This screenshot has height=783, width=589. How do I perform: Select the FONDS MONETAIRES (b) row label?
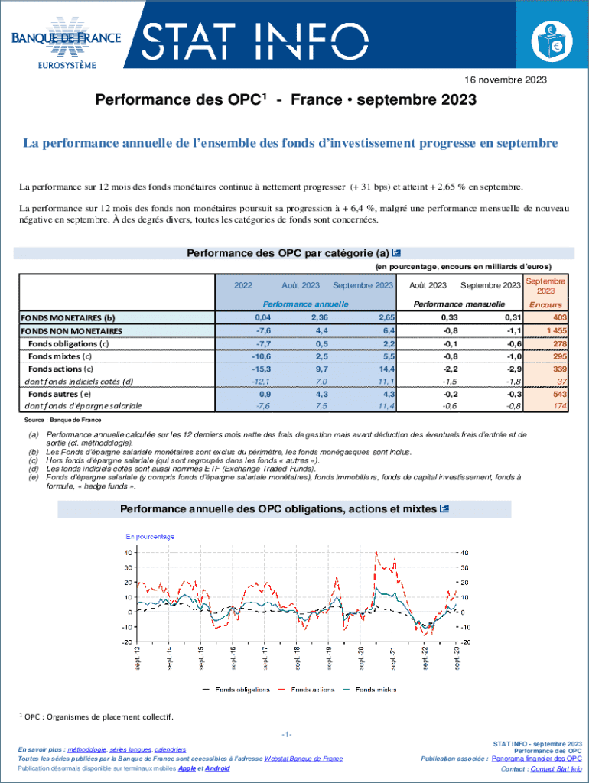point(68,317)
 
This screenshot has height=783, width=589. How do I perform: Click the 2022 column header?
point(243,285)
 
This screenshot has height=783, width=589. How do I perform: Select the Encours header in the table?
point(545,304)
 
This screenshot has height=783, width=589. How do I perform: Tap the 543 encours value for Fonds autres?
point(559,393)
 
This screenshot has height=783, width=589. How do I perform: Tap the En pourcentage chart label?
point(151,536)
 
